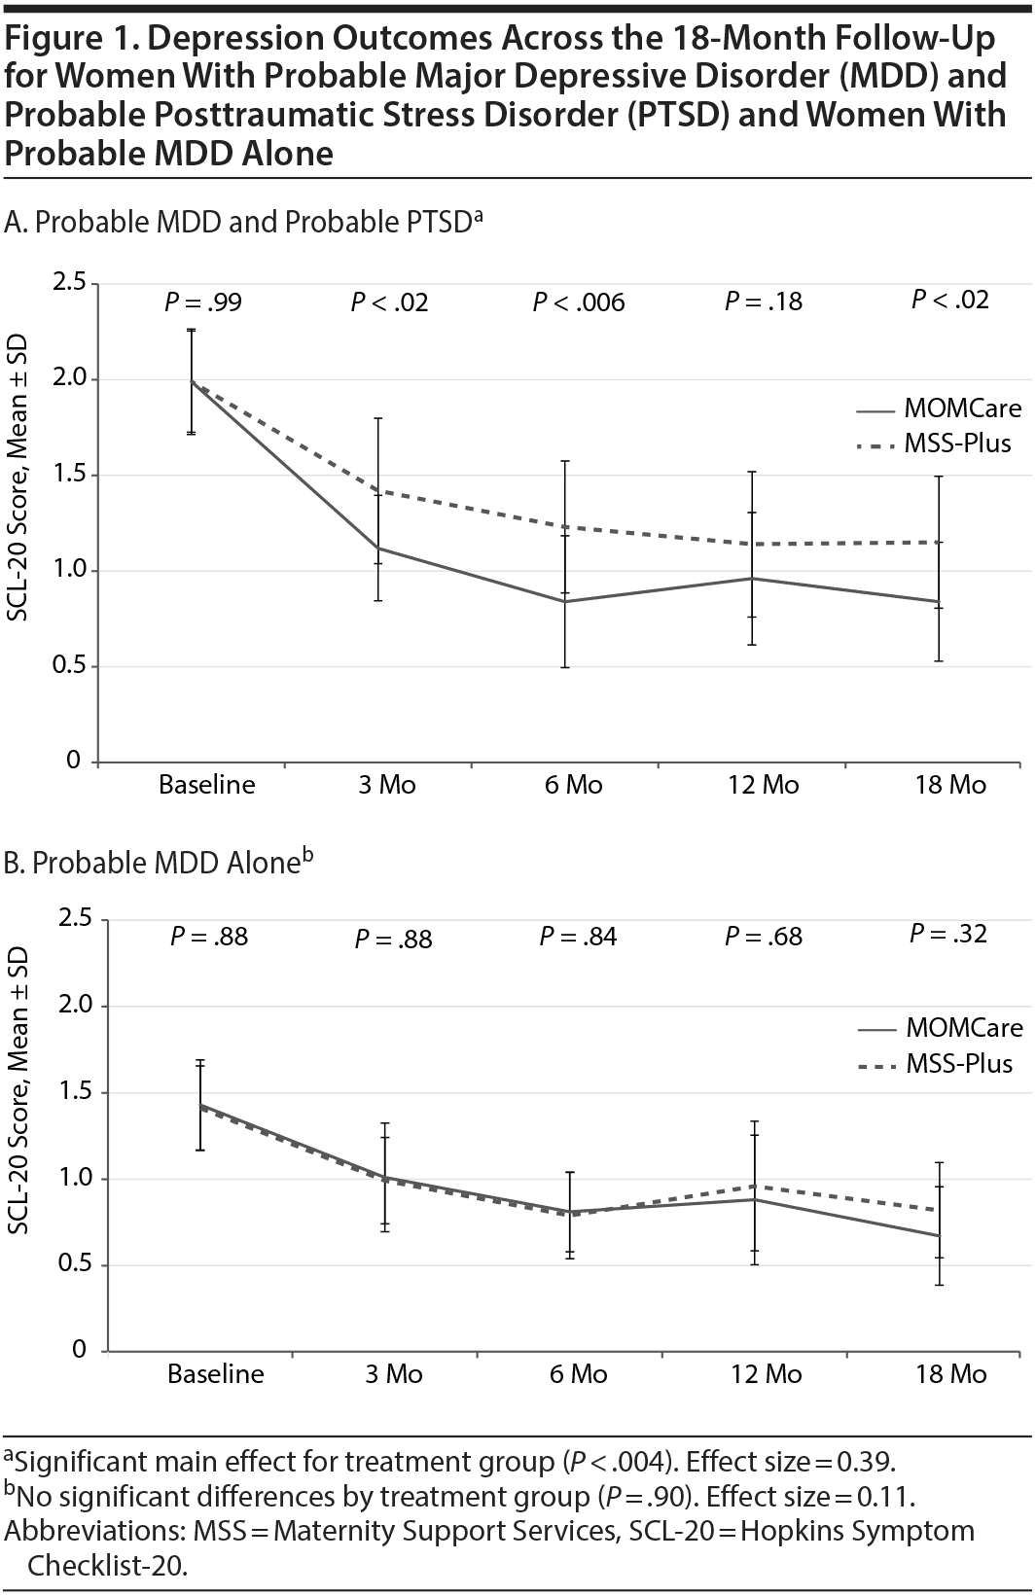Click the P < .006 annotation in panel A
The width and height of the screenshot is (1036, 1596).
tap(578, 302)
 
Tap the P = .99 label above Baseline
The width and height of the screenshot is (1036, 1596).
tap(203, 302)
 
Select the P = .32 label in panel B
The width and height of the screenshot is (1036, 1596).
tap(947, 934)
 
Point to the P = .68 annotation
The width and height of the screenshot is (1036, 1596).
tap(764, 937)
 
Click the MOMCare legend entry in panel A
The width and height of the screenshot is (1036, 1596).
tap(963, 408)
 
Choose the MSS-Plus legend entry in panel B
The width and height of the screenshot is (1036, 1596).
tap(959, 1063)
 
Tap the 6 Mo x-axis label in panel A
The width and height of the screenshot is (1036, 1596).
tap(573, 785)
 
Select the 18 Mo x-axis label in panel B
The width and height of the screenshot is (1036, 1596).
tap(950, 1373)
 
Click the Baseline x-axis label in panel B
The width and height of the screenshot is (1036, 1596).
tap(215, 1373)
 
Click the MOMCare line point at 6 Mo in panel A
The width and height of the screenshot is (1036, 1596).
tap(566, 601)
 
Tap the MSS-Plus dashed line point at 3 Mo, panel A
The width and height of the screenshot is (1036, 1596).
tap(378, 491)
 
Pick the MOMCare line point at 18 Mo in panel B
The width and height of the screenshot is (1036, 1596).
tap(940, 1235)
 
